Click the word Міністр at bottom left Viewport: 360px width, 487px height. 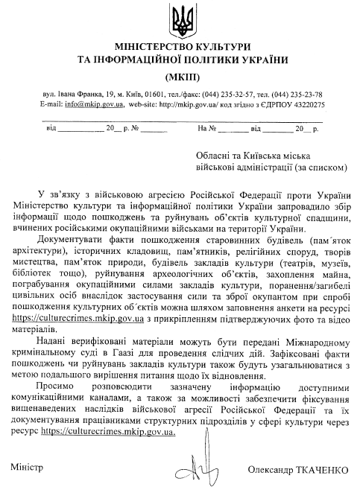pyautogui.click(x=27, y=466)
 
